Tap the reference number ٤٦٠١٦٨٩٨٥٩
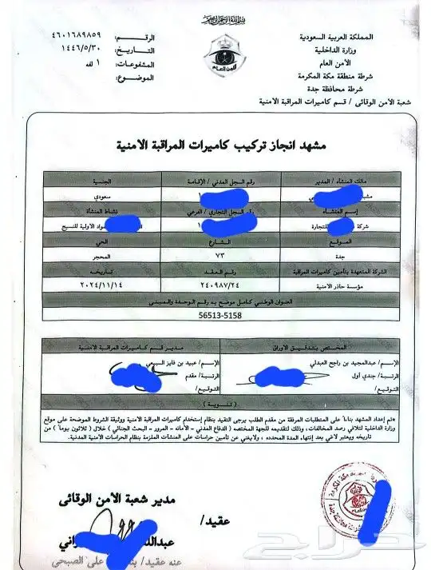point(80,38)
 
